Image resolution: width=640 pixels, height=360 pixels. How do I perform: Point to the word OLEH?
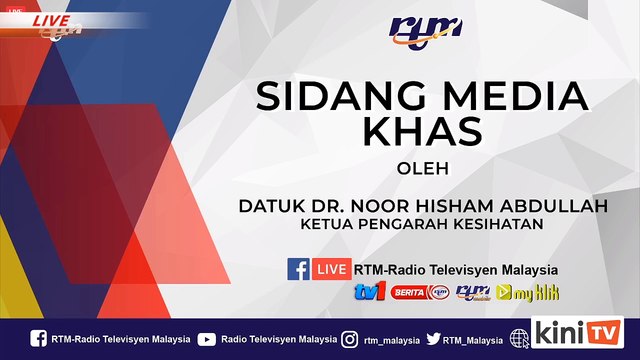[422, 168]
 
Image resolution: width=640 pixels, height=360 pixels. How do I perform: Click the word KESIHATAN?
[497, 224]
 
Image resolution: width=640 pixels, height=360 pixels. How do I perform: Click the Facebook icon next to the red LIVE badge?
[298, 269]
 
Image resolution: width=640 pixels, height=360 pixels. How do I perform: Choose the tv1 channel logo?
[370, 292]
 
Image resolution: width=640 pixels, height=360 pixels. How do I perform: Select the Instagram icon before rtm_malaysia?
[349, 339]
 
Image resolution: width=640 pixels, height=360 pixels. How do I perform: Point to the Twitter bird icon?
[433, 339]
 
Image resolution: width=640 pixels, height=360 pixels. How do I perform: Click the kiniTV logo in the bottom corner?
[578, 332]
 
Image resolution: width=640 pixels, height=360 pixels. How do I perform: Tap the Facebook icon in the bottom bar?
[38, 339]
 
